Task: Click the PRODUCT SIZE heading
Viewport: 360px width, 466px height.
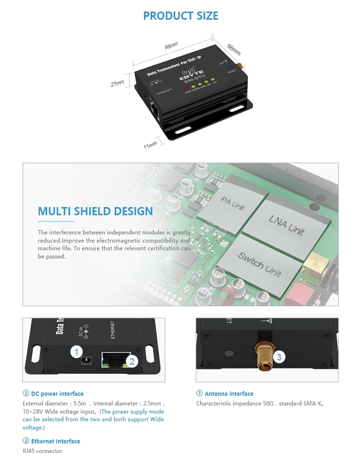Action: [x=180, y=15]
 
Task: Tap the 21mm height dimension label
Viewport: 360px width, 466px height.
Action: [x=117, y=83]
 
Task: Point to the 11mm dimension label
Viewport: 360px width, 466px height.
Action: [x=150, y=144]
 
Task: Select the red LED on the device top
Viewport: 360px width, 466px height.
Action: [x=186, y=89]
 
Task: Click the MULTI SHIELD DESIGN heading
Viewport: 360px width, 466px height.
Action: [x=96, y=211]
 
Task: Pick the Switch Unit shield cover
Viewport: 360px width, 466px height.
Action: [x=260, y=264]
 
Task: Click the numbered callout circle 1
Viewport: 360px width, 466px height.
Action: [x=76, y=352]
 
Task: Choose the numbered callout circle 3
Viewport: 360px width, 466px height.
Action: [x=279, y=357]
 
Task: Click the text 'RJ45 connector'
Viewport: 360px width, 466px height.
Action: [x=43, y=451]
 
